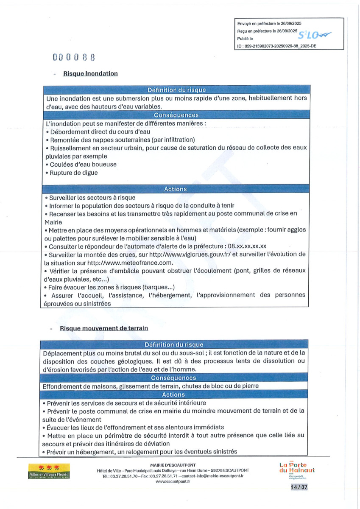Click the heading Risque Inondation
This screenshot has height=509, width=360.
click(x=90, y=73)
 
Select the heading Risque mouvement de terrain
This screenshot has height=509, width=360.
click(x=104, y=328)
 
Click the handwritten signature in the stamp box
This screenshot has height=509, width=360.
click(x=315, y=35)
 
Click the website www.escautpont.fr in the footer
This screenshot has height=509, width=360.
click(x=173, y=482)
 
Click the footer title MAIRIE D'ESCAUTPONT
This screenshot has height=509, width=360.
click(x=173, y=465)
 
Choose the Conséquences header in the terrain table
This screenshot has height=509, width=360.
click(x=173, y=378)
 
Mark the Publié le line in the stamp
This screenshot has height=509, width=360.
click(x=245, y=39)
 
